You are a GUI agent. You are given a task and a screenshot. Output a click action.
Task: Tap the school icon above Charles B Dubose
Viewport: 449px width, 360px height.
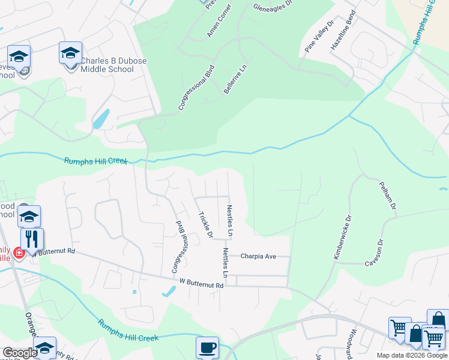click(x=70, y=53)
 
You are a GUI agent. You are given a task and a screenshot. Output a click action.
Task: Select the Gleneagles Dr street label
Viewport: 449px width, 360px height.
click(x=272, y=7)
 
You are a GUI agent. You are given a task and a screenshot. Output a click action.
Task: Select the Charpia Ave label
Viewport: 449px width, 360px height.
click(x=258, y=256)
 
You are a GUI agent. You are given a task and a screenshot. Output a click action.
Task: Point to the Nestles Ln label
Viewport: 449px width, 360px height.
click(x=229, y=220)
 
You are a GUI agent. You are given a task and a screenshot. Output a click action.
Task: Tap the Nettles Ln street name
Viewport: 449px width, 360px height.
click(x=226, y=262)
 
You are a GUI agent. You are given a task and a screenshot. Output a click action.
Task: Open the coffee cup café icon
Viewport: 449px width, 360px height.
click(x=208, y=347)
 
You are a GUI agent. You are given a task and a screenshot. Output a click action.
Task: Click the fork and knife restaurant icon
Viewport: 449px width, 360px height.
click(x=32, y=238)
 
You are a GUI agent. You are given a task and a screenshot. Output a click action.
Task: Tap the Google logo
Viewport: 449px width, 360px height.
click(x=19, y=353)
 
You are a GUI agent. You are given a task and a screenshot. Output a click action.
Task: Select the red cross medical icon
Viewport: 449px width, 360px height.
click(x=19, y=253)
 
